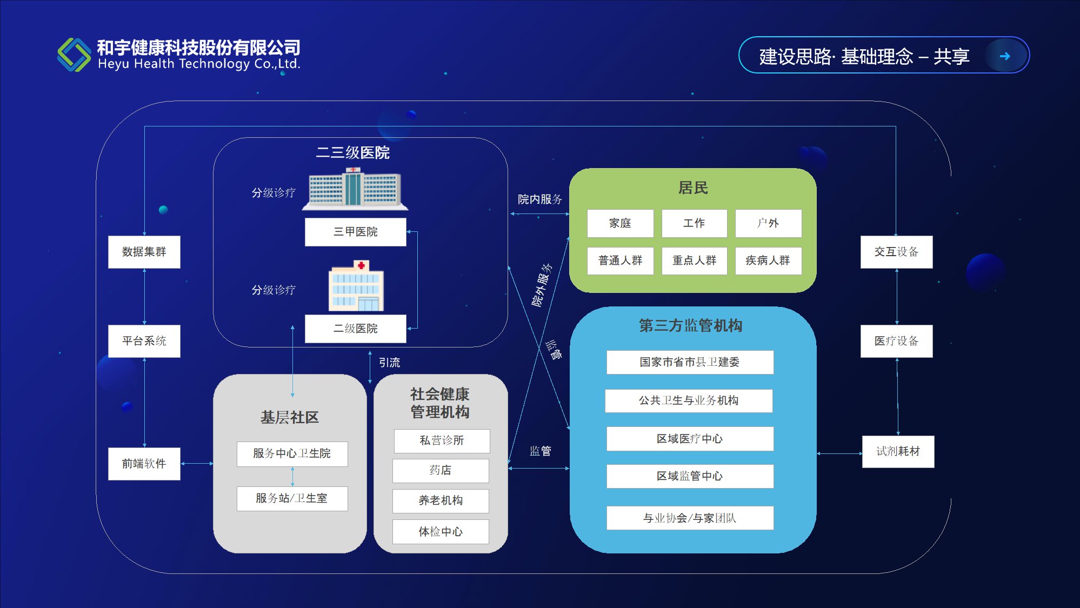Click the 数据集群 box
[x=144, y=252]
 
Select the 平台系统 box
[x=144, y=341]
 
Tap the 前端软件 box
[x=144, y=464]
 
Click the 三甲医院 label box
[x=355, y=232]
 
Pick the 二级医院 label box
[x=355, y=329]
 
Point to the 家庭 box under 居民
[x=620, y=223]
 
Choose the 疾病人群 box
[x=768, y=260]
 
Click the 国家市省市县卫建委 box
[x=690, y=362]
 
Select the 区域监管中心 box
[x=690, y=476]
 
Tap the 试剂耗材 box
[x=898, y=451]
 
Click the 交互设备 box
[x=896, y=252]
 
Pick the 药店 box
[x=441, y=470]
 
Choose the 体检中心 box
[x=441, y=532]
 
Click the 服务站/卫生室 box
[x=292, y=498]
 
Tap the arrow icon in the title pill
[x=1005, y=56]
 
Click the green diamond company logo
[x=74, y=55]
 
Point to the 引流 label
[x=389, y=363]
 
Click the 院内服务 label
[x=539, y=199]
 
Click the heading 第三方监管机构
[x=690, y=325]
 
